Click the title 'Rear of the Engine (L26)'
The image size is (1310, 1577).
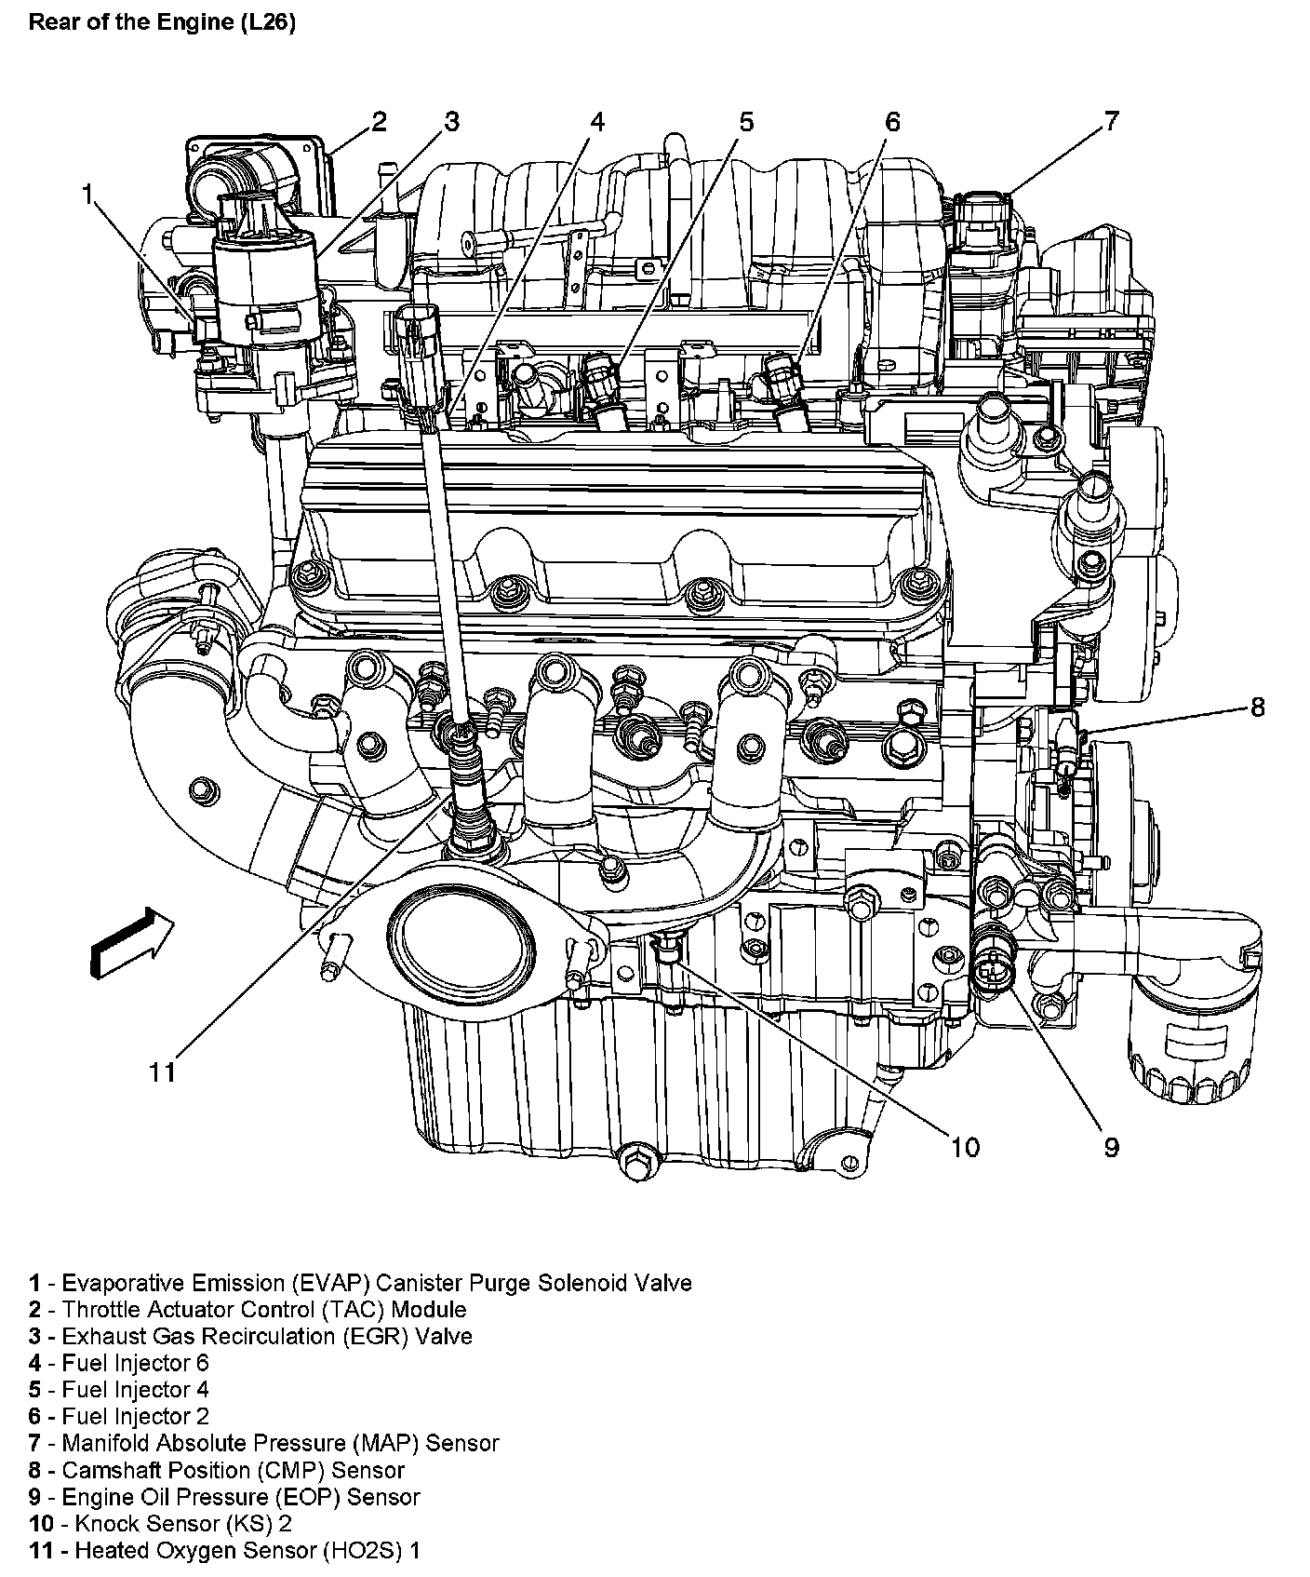tap(162, 22)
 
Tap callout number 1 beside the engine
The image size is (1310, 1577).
tap(87, 194)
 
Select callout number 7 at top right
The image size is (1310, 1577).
tap(1111, 120)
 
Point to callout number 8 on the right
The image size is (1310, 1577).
tap(1257, 708)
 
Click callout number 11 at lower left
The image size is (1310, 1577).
tap(162, 1072)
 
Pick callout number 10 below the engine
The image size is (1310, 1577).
tap(965, 1147)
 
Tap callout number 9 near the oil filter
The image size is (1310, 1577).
tap(1111, 1147)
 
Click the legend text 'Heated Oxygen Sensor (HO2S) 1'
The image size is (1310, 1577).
tap(224, 1551)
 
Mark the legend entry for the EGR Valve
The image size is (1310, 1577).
tap(250, 1336)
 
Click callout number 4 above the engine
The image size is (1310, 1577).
tap(596, 122)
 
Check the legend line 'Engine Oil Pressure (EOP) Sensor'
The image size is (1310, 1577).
tap(223, 1497)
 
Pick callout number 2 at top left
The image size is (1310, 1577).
tap(378, 121)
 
